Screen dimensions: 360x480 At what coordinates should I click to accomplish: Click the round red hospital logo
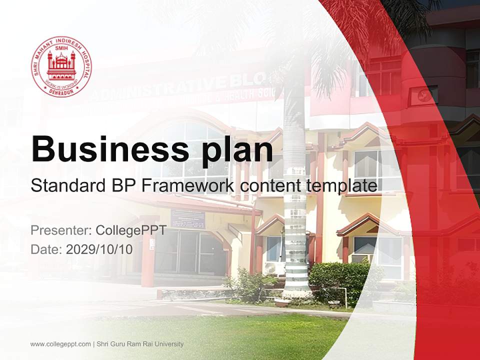pyautogui.click(x=61, y=66)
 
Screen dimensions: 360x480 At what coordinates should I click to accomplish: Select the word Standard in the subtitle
pyautogui.click(x=65, y=186)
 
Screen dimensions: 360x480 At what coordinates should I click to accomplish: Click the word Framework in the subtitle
pyautogui.click(x=188, y=186)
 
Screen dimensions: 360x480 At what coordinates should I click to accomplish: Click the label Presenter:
pyautogui.click(x=60, y=231)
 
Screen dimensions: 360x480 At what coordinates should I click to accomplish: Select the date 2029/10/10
pyautogui.click(x=99, y=249)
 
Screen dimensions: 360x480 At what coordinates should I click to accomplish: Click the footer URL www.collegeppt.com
pyautogui.click(x=60, y=344)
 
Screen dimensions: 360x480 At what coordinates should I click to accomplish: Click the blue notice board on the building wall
pyautogui.click(x=187, y=218)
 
